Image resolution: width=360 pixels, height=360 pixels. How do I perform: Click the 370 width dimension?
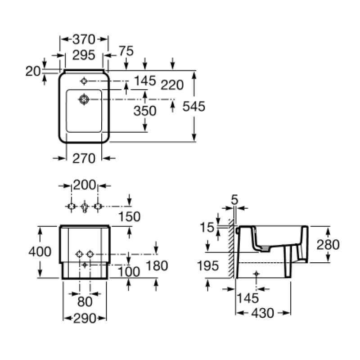pos(84,39)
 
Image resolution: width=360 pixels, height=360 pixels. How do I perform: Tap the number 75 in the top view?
pos(127,51)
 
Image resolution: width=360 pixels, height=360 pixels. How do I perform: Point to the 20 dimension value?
pos(33,71)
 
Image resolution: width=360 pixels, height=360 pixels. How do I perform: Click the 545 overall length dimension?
pos(194,106)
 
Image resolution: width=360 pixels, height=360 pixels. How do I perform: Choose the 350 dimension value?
pos(145,111)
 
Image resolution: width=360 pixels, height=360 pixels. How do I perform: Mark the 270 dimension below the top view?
pos(84,158)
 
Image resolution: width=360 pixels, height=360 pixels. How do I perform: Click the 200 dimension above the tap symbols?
pos(85,184)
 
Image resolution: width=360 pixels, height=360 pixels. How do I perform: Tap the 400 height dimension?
pos(40,252)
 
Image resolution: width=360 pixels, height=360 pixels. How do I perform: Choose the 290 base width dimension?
pos(85,318)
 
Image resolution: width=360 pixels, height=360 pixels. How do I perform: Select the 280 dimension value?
pos(327,245)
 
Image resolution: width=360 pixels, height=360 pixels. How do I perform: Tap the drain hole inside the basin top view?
pos(84,99)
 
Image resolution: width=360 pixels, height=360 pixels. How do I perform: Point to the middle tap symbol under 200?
pos(85,207)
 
